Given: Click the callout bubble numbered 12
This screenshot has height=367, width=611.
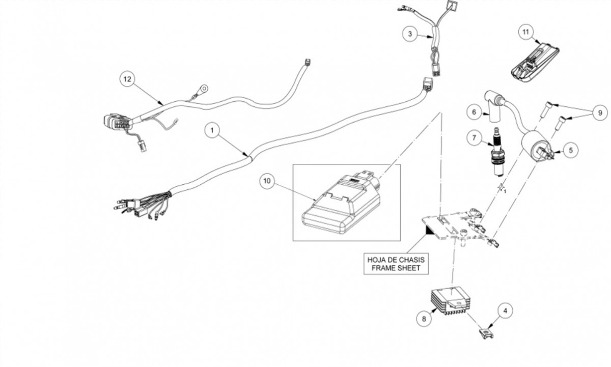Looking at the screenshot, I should tap(127, 79).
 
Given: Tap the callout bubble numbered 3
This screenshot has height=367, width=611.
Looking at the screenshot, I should tap(409, 34).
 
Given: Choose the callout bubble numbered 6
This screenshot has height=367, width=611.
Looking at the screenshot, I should tap(473, 112).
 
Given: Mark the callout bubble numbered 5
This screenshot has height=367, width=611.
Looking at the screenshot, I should tap(570, 150).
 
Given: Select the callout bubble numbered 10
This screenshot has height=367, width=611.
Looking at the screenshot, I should tap(267, 180).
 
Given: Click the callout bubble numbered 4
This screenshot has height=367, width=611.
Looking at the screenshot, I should tap(505, 309).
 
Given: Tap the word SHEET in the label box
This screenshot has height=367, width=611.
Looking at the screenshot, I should tap(410, 268).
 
